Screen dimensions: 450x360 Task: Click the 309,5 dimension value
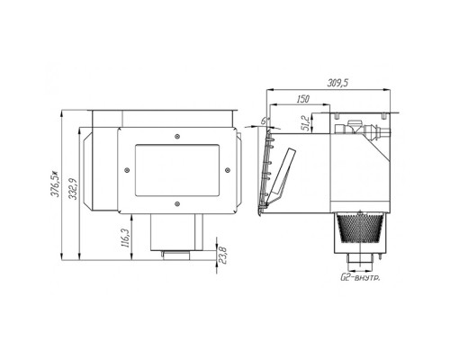point(337,83)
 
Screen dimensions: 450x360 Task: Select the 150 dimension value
point(302,99)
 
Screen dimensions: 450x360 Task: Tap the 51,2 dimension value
point(307,123)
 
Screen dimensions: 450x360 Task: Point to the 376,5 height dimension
point(54,184)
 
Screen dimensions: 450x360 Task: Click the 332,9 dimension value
point(73,189)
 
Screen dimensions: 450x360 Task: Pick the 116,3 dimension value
point(125,238)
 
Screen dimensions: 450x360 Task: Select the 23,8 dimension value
point(222,255)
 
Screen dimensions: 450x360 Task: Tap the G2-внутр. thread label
point(360,277)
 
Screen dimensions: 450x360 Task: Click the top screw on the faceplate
point(177,137)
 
